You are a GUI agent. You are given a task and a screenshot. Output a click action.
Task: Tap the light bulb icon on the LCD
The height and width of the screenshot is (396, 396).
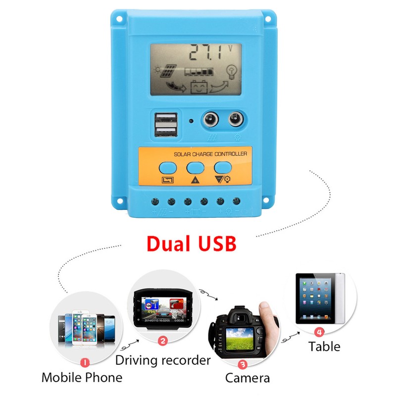[231, 72]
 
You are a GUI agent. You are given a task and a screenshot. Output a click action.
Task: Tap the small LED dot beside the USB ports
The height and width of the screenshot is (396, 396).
[191, 121]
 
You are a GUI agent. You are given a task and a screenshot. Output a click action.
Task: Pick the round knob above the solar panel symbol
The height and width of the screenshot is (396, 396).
[209, 120]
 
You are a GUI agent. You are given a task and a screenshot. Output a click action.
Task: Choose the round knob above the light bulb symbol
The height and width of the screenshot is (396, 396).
[237, 120]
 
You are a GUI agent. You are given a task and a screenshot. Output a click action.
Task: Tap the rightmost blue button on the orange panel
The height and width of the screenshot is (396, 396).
[222, 167]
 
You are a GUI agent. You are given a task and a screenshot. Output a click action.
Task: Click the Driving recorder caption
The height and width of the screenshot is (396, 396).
[163, 360]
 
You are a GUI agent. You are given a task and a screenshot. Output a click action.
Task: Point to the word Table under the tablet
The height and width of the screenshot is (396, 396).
[324, 346]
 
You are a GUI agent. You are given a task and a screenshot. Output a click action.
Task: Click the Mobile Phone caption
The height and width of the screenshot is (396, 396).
[82, 378]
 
